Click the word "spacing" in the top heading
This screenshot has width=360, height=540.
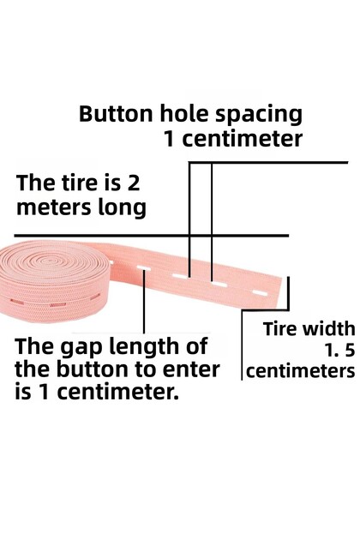pos(259,116)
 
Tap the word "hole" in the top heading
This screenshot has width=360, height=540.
pos(183,113)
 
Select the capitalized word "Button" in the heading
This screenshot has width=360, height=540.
pos(116,113)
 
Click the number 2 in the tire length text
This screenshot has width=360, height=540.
pos(134,183)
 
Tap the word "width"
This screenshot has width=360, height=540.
pos(328,328)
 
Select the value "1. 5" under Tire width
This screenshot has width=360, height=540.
pos(339,351)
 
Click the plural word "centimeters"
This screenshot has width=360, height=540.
pos(300,371)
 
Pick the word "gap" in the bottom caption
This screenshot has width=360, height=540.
pos(81,348)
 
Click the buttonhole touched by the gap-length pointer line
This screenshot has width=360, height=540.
pos(144,267)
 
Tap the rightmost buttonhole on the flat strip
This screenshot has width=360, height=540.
pos(260,293)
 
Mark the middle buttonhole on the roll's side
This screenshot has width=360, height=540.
pos(58,305)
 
